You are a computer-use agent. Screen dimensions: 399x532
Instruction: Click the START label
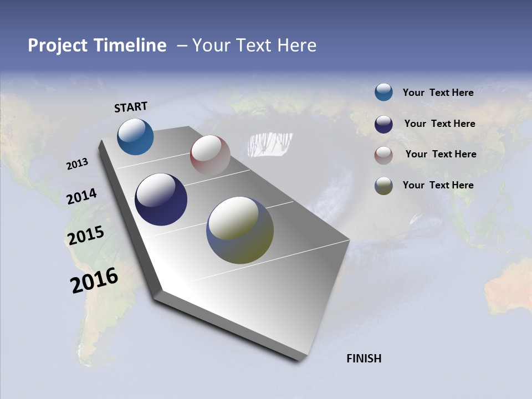131,107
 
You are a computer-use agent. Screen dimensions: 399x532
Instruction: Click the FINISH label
364,359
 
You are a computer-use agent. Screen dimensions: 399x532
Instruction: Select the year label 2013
78,164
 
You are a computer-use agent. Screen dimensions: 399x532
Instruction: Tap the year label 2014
81,197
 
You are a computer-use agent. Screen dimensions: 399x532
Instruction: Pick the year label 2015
85,236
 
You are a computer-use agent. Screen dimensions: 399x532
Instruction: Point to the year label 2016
94,280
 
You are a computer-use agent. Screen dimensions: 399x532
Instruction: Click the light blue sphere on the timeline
135,136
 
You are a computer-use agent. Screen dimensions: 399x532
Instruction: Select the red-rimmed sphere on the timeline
210,155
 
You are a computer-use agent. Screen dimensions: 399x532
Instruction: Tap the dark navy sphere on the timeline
161,199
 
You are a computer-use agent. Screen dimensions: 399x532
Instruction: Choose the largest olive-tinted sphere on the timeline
240,230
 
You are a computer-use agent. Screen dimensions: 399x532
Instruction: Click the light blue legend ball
383,92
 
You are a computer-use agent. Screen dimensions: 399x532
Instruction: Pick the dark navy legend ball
383,124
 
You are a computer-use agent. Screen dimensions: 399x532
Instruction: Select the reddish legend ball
383,155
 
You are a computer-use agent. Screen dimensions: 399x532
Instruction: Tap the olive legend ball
383,186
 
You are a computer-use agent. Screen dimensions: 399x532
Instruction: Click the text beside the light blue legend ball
438,93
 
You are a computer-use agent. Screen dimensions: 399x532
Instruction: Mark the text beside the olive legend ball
438,185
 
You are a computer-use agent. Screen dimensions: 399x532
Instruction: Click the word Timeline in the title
130,45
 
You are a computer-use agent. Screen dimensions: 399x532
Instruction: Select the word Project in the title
59,45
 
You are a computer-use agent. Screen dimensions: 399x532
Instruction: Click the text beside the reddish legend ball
441,154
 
